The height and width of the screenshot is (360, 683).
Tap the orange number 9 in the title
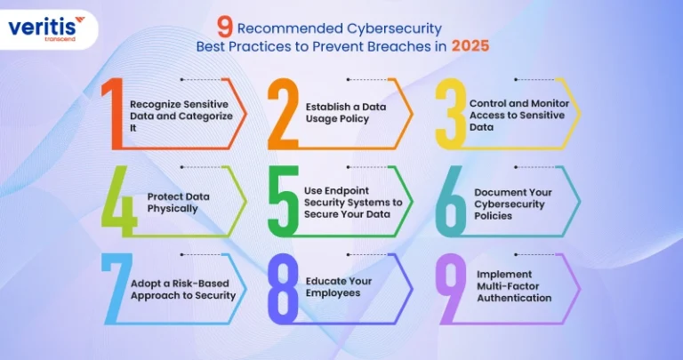point(225,29)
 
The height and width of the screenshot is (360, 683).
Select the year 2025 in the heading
point(470,46)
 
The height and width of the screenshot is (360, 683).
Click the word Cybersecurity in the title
point(394,29)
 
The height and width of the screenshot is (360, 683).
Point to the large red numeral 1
point(112,114)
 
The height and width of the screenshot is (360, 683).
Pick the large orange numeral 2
point(283,114)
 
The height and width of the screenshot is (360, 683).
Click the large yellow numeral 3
point(451,114)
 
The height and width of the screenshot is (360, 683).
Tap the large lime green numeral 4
point(119,201)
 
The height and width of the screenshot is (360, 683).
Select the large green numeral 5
point(283,201)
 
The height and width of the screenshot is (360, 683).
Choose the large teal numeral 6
point(451,201)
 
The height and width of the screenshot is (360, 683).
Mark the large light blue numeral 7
point(117,289)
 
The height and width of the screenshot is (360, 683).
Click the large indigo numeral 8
point(283,289)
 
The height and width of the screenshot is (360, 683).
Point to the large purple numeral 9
point(451,289)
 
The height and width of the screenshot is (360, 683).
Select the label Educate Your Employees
point(339,287)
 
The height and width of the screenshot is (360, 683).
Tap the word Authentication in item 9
point(514,298)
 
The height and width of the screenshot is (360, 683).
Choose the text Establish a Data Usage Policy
point(346,113)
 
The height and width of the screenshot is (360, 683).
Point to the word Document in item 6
point(492,192)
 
